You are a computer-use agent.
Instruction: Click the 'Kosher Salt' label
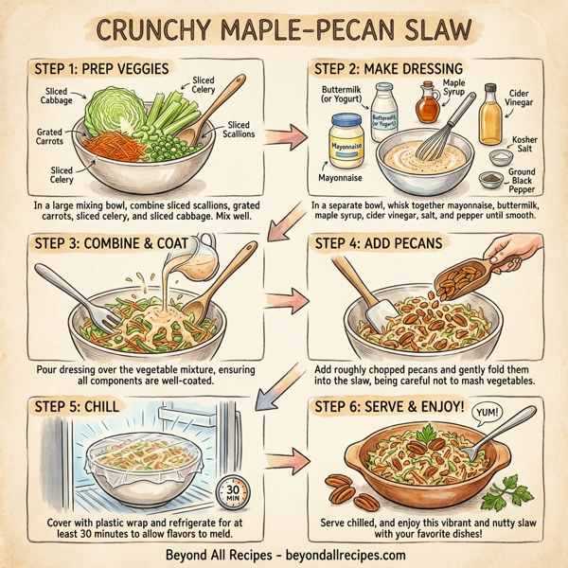click(x=524, y=146)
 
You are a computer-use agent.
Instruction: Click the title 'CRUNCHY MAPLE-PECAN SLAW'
click(x=284, y=30)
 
